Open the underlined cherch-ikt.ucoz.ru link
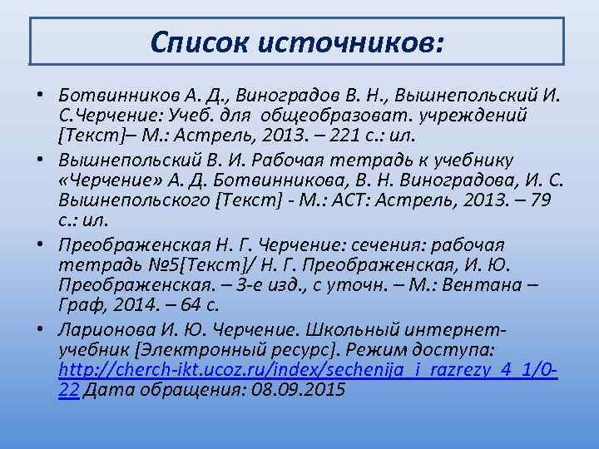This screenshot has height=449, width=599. [308, 370]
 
